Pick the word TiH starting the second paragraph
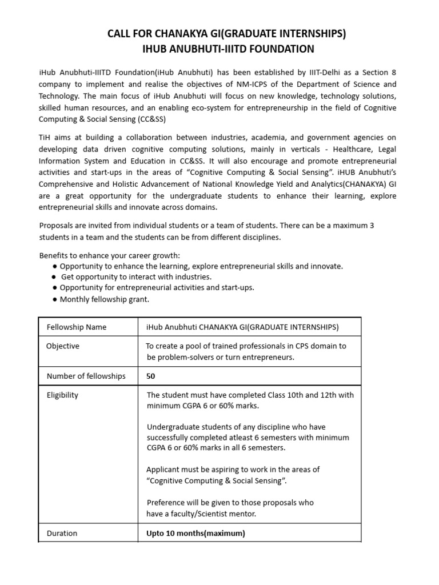pos(45,138)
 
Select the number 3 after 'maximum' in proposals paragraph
pos(372,225)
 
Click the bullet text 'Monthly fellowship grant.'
pos(104,299)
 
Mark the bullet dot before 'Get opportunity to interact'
pos(54,277)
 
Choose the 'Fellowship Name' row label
pos(77,327)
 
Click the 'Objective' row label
pos(63,346)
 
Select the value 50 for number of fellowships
pos(151,376)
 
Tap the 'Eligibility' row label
pos(63,395)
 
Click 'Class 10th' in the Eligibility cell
pos(286,395)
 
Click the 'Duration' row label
pos(62,533)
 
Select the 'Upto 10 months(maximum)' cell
pos(195,533)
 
